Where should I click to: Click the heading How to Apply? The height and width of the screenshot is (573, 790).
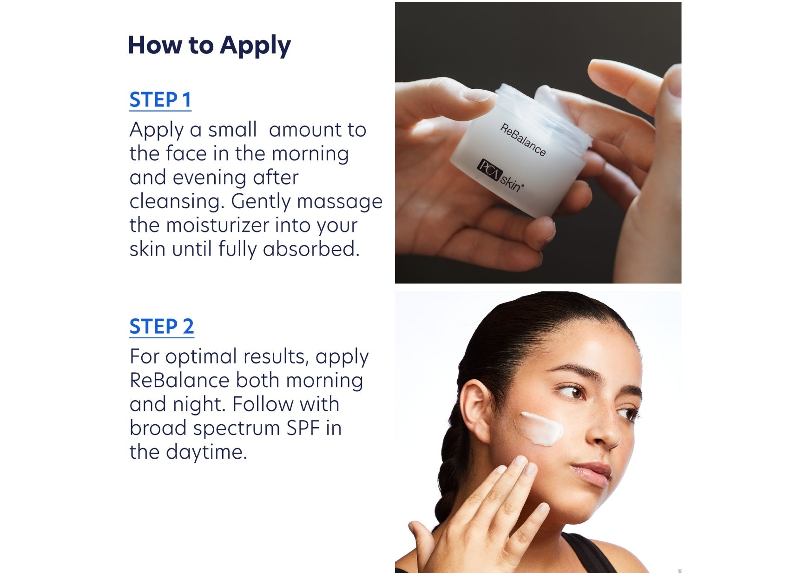(209, 46)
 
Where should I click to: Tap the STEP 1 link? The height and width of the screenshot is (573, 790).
(160, 100)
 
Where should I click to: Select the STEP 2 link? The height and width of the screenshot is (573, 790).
(161, 327)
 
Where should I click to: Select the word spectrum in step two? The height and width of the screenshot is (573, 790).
(237, 428)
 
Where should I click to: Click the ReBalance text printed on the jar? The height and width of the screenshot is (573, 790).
(523, 140)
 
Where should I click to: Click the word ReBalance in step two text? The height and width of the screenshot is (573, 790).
(179, 381)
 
